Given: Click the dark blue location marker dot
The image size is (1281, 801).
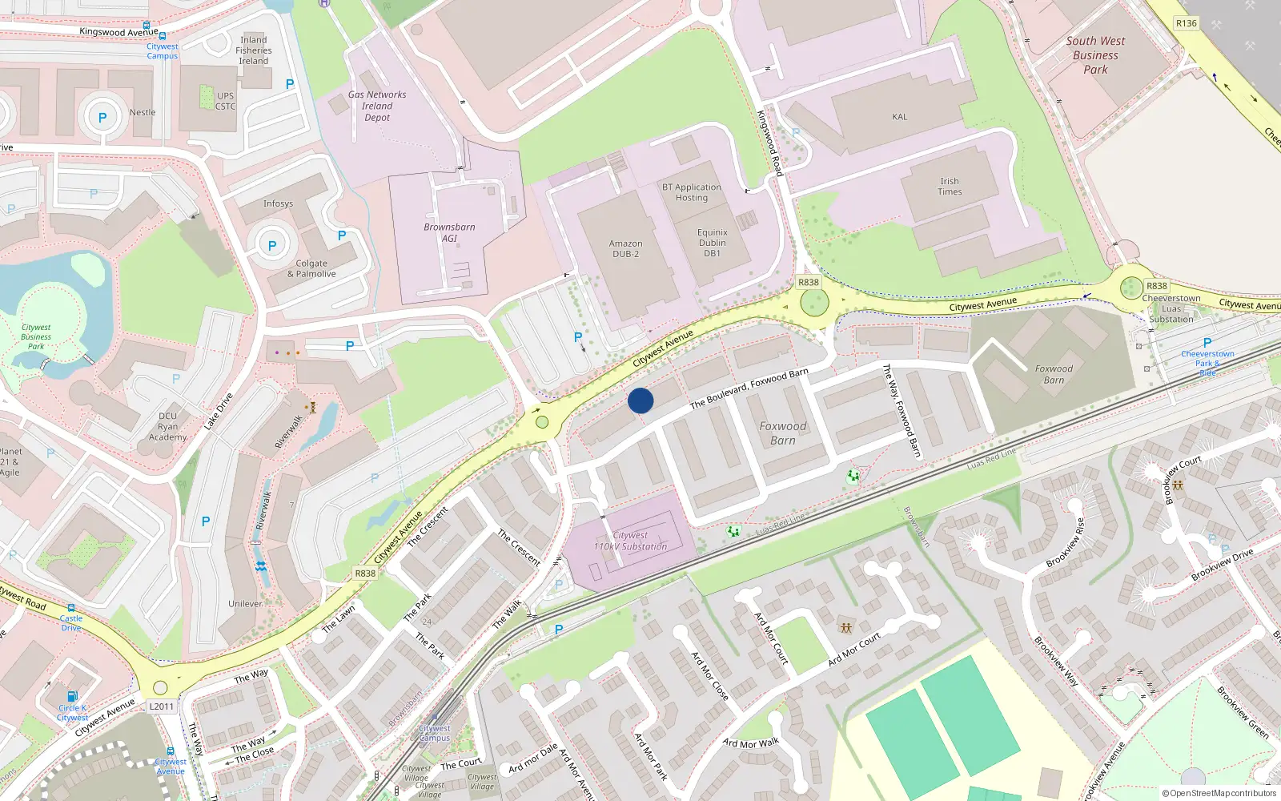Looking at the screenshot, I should [x=640, y=400].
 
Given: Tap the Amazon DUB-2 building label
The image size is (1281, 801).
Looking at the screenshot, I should [x=625, y=249].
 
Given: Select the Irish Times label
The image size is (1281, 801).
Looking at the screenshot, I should [x=950, y=187].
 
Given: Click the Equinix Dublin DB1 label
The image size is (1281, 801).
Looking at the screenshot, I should [x=712, y=243].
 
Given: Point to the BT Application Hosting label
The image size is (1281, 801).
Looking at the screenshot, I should [x=691, y=192].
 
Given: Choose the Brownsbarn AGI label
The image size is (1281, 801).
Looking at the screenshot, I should [x=449, y=232].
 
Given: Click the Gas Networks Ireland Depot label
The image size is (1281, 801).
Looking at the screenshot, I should [x=377, y=106].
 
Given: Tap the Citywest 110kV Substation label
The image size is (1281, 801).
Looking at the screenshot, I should [x=630, y=541].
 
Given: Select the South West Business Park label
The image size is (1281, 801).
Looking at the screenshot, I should [x=1095, y=55].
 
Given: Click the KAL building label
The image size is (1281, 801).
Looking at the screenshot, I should [x=900, y=117].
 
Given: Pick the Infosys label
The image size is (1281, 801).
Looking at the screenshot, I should [x=278, y=203].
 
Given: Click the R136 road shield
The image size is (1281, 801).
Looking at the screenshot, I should [x=1186, y=23].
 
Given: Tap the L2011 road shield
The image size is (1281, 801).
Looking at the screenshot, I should [x=161, y=706].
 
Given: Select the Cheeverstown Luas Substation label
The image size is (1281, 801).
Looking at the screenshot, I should [x=1171, y=308].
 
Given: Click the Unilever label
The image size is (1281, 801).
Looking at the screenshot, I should [x=245, y=604].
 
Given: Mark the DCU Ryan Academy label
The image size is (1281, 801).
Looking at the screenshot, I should [x=167, y=426].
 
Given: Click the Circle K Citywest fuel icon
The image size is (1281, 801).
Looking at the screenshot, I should [x=72, y=696].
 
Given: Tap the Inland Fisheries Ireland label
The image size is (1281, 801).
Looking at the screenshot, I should [x=254, y=50].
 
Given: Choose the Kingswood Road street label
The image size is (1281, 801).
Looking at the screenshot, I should [x=769, y=143].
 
